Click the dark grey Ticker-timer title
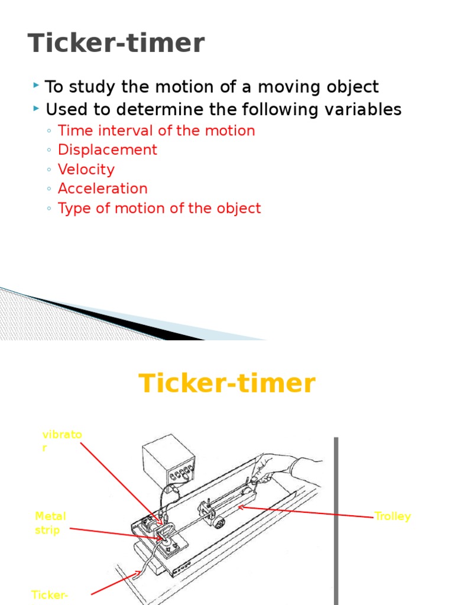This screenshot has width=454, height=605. click(116, 44)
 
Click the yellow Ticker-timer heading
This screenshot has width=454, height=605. click(227, 383)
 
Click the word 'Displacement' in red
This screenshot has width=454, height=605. click(107, 150)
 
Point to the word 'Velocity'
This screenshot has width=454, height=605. click(86, 170)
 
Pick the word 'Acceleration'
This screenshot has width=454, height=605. click(102, 189)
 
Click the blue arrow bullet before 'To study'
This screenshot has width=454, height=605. click(37, 86)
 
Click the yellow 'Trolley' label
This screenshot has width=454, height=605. click(393, 516)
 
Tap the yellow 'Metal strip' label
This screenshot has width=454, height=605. click(50, 523)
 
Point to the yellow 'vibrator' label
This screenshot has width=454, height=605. click(61, 441)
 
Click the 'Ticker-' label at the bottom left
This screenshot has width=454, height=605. click(50, 594)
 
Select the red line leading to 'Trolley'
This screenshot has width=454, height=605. click(307, 512)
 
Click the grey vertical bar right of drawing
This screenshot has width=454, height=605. click(336, 520)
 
